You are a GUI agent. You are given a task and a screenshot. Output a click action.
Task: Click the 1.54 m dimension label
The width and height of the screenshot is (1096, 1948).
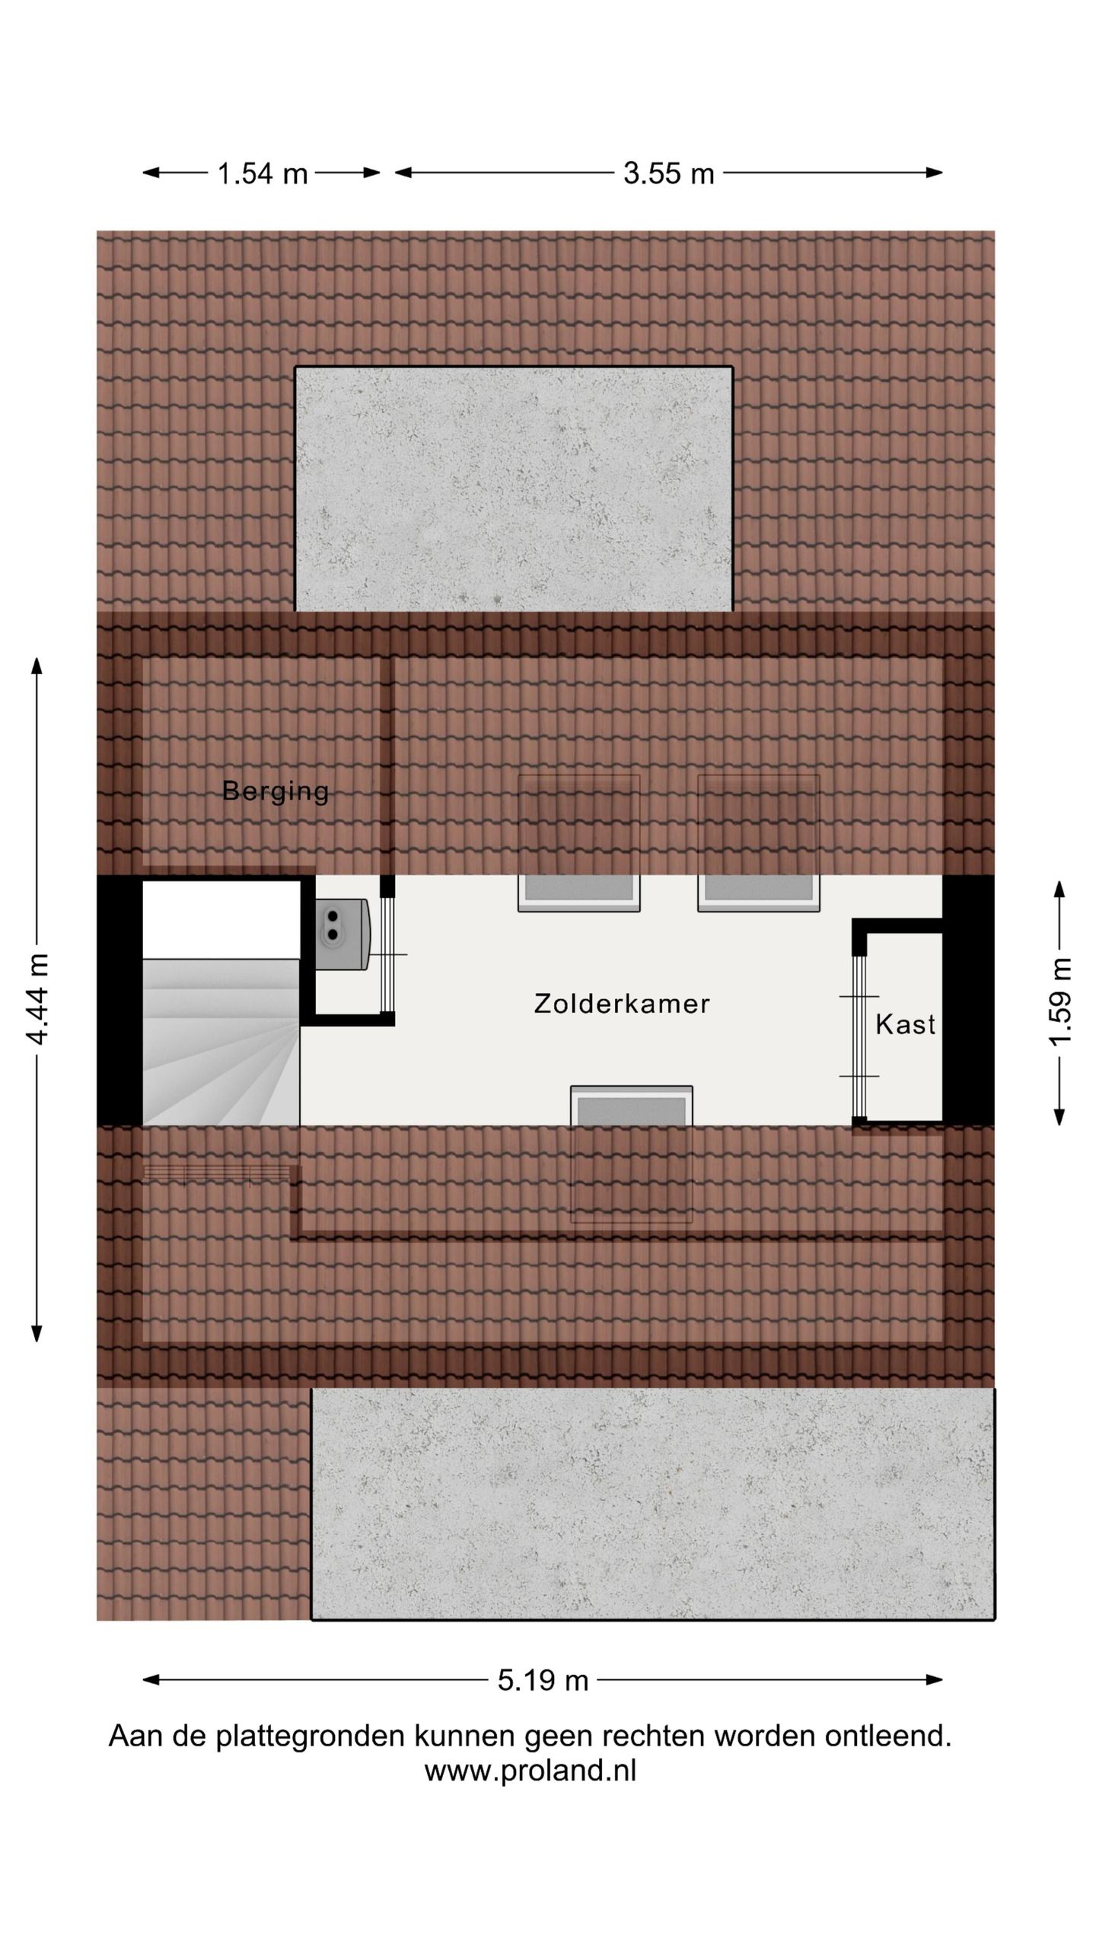(262, 173)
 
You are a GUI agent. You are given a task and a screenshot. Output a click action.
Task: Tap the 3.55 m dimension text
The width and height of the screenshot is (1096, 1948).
(668, 173)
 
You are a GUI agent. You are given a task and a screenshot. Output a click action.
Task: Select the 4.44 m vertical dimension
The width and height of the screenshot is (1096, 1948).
(37, 999)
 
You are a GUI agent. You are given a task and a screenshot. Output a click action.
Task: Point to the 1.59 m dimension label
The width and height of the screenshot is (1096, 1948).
(1060, 1002)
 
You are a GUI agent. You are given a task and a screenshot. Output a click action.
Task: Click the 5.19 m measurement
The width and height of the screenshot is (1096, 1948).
(543, 1679)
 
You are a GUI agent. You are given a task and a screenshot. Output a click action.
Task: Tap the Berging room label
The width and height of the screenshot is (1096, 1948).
(276, 791)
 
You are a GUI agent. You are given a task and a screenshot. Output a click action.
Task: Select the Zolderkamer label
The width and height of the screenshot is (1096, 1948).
(622, 1004)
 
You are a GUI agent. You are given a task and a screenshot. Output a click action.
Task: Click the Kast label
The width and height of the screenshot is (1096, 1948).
(905, 1024)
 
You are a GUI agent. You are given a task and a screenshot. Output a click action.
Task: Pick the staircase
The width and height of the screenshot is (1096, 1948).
(221, 1042)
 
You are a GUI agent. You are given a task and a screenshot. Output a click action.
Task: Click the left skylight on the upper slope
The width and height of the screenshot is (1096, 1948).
(578, 843)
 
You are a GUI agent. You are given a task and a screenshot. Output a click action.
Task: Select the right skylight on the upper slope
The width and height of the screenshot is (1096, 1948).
(759, 843)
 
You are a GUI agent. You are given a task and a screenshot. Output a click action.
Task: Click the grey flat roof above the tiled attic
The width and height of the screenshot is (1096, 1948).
(514, 489)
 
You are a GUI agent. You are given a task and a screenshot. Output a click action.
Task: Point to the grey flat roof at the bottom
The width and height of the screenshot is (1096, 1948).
(652, 1504)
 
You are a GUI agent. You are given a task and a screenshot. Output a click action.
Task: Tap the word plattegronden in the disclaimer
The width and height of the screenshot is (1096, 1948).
(311, 1737)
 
